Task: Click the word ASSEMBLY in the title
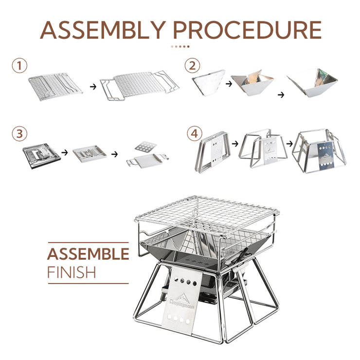tap(103, 30)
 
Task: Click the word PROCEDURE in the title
tap(247, 30)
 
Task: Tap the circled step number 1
tap(19, 66)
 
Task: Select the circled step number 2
tap(192, 66)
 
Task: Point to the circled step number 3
tap(19, 133)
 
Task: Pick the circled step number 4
tap(195, 133)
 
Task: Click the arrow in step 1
tap(93, 87)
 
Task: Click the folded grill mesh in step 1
tap(55, 87)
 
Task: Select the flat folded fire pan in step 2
tap(208, 82)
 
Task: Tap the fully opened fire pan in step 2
tap(312, 82)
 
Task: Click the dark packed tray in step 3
tap(41, 156)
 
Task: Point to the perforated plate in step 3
tap(145, 147)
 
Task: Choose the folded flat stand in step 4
tap(213, 152)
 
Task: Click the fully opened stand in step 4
tap(319, 151)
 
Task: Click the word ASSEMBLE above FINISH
tap(88, 253)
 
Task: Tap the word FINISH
tap(72, 272)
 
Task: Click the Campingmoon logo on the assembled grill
tap(181, 301)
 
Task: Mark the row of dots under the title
tap(180, 47)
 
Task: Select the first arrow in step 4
tap(235, 144)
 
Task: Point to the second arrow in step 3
tap(114, 154)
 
